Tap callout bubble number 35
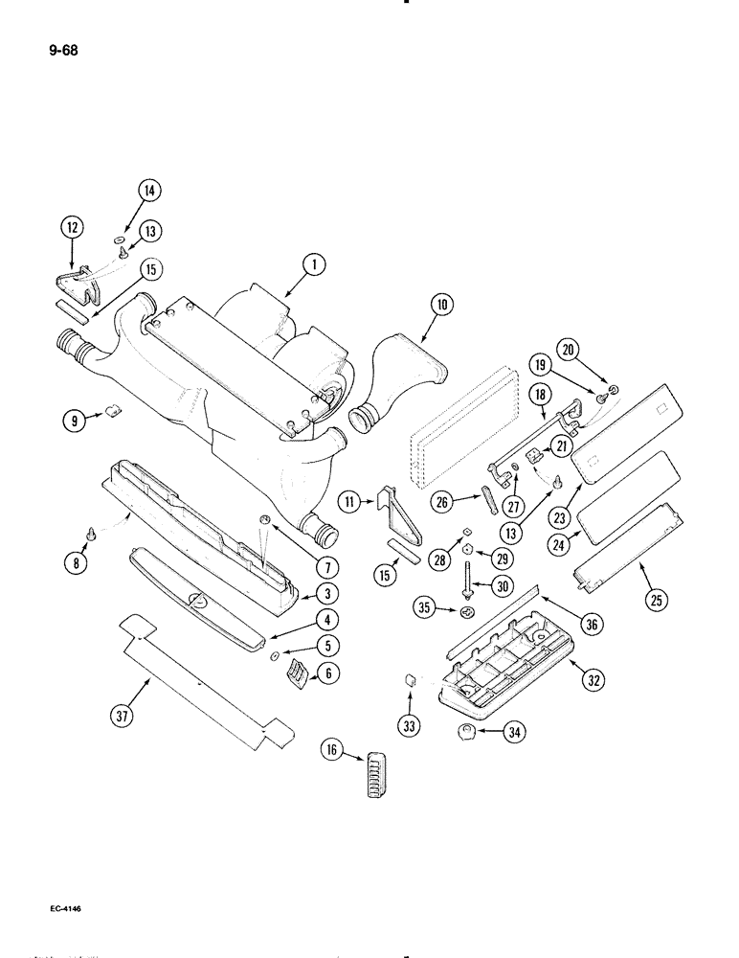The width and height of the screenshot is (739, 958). (x=422, y=609)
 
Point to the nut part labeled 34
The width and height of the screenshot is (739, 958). (x=468, y=733)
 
